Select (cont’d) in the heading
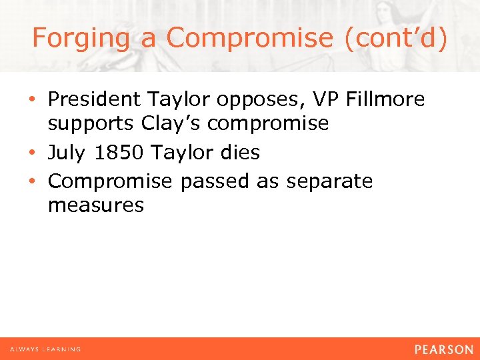[x=396, y=38]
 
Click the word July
[x=67, y=153]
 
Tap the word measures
[x=96, y=205]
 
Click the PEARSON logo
[x=443, y=349]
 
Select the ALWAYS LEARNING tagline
[x=45, y=349]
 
